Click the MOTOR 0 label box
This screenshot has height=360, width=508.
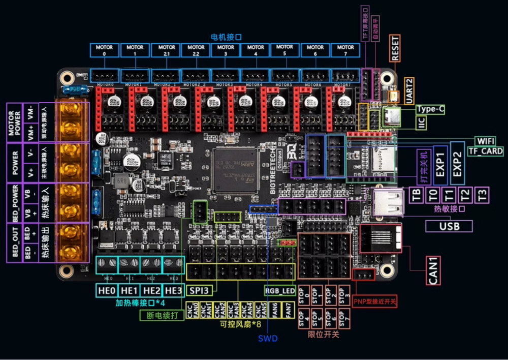[x=105, y=50]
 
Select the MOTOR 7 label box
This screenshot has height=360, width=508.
[x=345, y=50]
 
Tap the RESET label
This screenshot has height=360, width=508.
[x=396, y=48]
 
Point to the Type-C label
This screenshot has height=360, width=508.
[x=430, y=109]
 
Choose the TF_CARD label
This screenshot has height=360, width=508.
[x=485, y=151]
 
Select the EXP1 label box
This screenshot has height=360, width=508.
[x=440, y=164]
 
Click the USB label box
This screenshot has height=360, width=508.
[x=449, y=226]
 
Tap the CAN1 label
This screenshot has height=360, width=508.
[x=433, y=269]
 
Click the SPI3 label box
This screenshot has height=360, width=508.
[x=201, y=290]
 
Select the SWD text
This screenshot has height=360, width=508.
[x=268, y=338]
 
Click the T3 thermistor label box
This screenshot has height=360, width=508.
[x=482, y=195]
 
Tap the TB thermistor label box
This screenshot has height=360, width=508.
[x=416, y=195]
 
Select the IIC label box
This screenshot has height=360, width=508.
[x=421, y=123]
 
